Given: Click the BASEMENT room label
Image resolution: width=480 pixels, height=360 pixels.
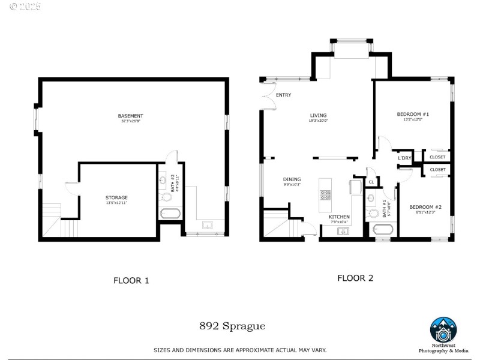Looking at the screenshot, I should coord(130,116).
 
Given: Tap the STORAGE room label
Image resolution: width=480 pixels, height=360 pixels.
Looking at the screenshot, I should coord(117,197).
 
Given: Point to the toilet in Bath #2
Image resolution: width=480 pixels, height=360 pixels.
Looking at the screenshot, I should coord(167,196).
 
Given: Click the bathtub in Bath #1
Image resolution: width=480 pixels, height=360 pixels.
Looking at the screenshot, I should coord(382,229).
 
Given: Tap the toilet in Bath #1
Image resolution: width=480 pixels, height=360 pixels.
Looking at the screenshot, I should coord(373,213).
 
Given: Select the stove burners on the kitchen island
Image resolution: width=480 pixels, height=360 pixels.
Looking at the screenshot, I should coord(325,194).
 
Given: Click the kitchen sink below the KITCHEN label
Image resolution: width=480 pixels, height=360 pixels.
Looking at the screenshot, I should coord(343,230).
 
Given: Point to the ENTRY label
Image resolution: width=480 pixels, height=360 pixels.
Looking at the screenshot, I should coord(283,95).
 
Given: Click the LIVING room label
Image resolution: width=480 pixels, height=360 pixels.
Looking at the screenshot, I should coord(318,115).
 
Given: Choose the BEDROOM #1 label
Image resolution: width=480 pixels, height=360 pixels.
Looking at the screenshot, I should coord(413,114).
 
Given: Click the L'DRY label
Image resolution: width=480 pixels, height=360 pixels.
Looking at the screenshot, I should coord(404,158).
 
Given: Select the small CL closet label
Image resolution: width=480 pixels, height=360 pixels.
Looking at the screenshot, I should coord(371,181).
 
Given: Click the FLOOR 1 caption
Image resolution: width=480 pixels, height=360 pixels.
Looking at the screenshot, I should coord(131,280).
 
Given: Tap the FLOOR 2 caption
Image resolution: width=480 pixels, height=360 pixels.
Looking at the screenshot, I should coord(355,278).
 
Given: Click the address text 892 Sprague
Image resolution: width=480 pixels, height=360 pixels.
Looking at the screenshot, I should coord(232,326).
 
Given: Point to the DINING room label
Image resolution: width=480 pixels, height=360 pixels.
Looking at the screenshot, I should coord(292,179).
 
